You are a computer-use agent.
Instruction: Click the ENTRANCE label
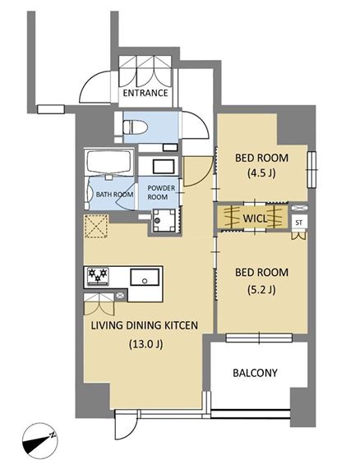(x=145, y=93)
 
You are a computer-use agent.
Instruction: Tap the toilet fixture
(x=136, y=126)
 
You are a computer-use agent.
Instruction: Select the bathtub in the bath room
(x=109, y=162)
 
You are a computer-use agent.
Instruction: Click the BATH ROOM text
(x=114, y=195)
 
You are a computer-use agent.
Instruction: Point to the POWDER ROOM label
(x=161, y=192)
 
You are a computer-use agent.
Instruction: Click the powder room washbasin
(x=164, y=167)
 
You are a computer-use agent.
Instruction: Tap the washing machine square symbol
(x=164, y=220)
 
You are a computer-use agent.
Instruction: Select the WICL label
(x=254, y=218)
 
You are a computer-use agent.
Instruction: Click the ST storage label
(x=298, y=223)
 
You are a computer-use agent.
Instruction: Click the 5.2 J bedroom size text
(x=261, y=289)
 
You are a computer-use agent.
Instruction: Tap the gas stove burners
(x=98, y=275)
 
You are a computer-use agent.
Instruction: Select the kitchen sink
(x=145, y=278)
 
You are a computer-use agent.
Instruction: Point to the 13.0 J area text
(x=145, y=344)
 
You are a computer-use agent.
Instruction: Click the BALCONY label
(x=255, y=373)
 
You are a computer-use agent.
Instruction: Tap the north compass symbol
(x=39, y=441)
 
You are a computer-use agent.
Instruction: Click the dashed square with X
(x=96, y=226)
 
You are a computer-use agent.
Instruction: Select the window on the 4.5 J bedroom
(x=312, y=170)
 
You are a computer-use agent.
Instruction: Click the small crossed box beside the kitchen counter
(x=120, y=297)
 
